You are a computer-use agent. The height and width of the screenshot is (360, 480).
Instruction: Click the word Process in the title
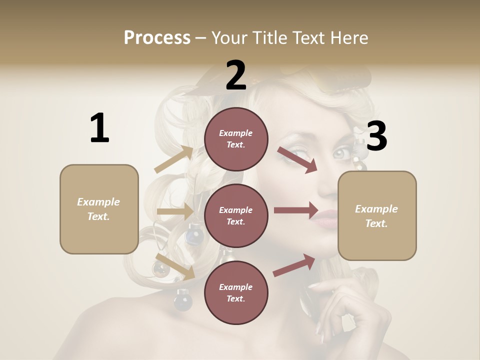click(157, 38)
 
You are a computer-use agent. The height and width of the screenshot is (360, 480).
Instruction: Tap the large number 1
click(99, 128)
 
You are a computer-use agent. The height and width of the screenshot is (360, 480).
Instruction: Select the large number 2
click(236, 75)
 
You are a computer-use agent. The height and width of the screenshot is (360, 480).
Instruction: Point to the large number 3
click(377, 136)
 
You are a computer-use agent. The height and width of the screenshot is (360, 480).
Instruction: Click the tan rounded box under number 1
click(99, 209)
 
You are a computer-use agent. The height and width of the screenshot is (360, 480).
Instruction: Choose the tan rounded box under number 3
click(377, 216)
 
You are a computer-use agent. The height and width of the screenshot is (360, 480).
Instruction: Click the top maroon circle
click(236, 139)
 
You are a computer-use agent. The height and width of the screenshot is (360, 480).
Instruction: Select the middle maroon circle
click(236, 215)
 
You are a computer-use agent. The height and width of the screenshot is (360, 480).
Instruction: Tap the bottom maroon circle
click(236, 292)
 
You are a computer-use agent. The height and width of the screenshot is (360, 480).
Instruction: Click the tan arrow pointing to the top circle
click(174, 159)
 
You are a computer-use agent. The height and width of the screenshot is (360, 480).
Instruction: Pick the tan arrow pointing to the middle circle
click(175, 211)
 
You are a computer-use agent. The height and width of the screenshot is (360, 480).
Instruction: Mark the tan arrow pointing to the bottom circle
click(175, 266)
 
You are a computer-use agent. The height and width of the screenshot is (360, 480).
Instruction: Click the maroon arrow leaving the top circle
click(297, 159)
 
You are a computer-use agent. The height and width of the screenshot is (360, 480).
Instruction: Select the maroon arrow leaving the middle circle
click(296, 210)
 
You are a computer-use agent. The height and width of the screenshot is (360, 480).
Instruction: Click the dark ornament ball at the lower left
click(182, 301)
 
